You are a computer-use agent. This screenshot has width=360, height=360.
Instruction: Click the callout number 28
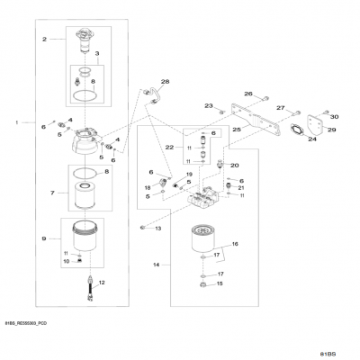tap(165, 82)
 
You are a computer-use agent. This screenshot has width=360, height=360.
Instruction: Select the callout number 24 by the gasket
tap(312, 139)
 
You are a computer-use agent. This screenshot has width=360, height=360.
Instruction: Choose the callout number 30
tap(332, 117)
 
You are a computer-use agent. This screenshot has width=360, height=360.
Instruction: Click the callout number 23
tap(208, 106)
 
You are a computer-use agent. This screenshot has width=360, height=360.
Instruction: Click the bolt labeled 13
tap(142, 229)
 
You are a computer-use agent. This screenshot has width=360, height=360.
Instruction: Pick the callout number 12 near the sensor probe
tap(102, 283)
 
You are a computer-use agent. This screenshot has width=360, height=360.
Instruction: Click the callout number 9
tap(43, 238)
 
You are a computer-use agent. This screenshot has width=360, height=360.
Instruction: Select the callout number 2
tap(43, 40)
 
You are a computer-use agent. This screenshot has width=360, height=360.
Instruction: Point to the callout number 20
tap(235, 166)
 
